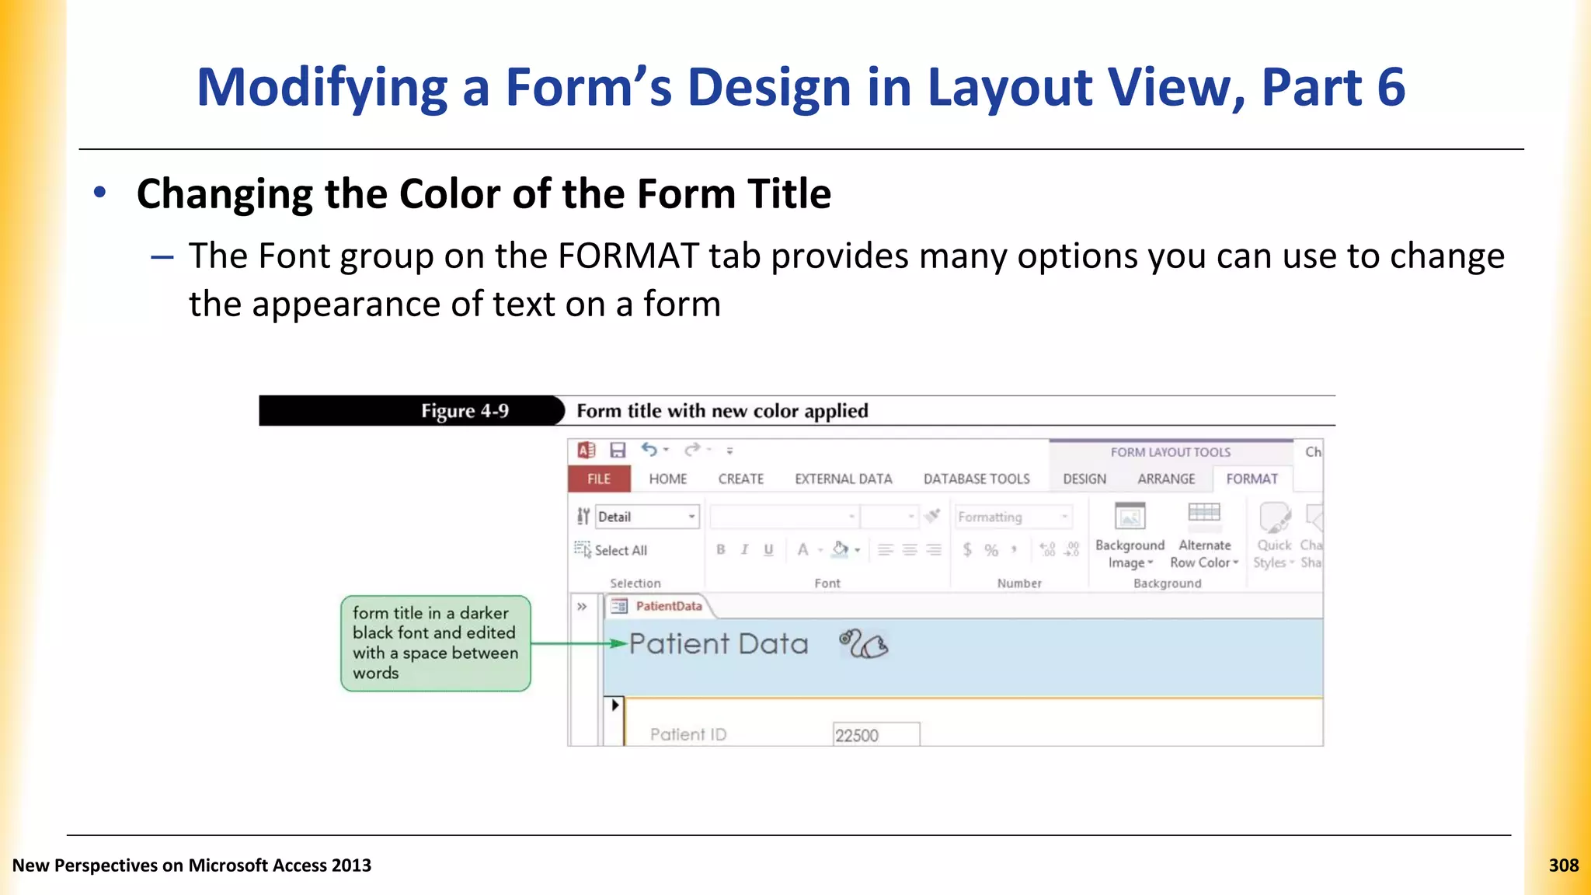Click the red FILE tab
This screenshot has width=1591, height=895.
click(598, 479)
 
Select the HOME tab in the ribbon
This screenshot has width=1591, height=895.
click(668, 479)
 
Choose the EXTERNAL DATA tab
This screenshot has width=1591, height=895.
click(843, 479)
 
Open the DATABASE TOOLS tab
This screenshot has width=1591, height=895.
click(977, 479)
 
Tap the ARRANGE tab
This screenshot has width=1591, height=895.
click(1166, 479)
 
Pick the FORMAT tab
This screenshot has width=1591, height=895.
click(1252, 479)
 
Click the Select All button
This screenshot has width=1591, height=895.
click(611, 550)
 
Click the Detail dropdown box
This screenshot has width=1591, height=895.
click(647, 517)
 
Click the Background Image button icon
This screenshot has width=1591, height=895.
click(1130, 516)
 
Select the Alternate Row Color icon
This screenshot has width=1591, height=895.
click(1204, 514)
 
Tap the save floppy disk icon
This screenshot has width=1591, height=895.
click(618, 451)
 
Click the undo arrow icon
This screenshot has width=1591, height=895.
click(649, 450)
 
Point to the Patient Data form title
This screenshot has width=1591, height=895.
click(719, 644)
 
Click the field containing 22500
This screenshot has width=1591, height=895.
click(876, 735)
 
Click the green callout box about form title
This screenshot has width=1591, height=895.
click(435, 643)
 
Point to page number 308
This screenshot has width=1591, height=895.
click(1563, 865)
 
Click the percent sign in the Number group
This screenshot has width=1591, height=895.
click(991, 550)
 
